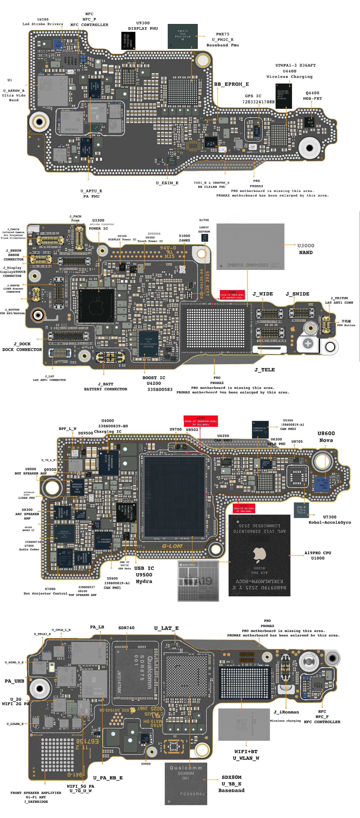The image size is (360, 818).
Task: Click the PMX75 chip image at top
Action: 182,36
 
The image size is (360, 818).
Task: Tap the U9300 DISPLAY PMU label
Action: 143,26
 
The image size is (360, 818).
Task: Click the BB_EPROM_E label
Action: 231,84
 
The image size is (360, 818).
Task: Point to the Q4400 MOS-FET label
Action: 312,96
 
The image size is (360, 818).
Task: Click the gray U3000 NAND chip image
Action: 250,247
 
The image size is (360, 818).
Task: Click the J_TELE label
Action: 264,370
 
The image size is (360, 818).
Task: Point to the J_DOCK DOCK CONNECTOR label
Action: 22,347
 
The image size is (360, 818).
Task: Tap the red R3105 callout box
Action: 201,421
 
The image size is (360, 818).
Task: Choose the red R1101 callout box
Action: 244,508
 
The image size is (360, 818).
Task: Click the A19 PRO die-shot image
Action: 198,581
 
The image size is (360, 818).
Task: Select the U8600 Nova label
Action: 326,437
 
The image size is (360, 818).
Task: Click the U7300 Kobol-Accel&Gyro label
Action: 330,519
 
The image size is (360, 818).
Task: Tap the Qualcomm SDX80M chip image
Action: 186,784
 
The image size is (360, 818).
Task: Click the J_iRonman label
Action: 286,712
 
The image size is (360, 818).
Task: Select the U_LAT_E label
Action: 166,628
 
